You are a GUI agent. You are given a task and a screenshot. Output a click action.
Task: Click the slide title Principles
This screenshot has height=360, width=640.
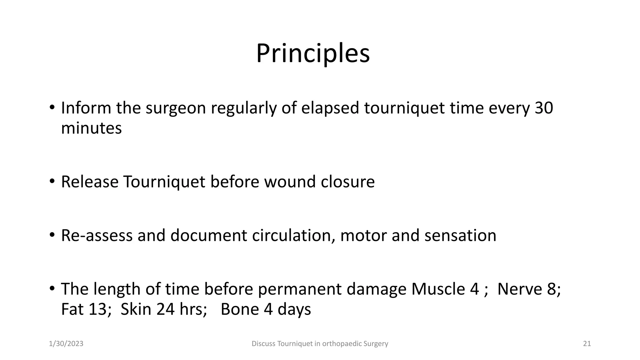tap(313, 53)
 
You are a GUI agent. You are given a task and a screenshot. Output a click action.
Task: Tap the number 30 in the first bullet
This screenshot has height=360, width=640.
tap(544, 108)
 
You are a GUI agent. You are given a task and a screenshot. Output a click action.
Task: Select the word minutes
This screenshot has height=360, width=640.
tap(91, 128)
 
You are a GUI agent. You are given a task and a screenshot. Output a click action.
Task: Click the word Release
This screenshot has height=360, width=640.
tap(90, 182)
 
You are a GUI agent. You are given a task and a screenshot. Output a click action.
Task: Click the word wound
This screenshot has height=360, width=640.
tap(290, 182)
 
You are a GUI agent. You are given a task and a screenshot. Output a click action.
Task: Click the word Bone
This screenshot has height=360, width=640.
tap(240, 309)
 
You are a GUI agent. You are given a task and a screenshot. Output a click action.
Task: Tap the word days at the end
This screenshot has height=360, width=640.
tap(294, 309)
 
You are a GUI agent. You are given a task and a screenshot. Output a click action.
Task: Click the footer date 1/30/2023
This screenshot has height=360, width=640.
tap(66, 344)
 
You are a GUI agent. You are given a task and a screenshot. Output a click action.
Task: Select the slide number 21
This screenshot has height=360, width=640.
tap(587, 344)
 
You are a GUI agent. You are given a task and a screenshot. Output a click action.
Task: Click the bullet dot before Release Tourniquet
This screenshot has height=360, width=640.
tap(52, 181)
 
